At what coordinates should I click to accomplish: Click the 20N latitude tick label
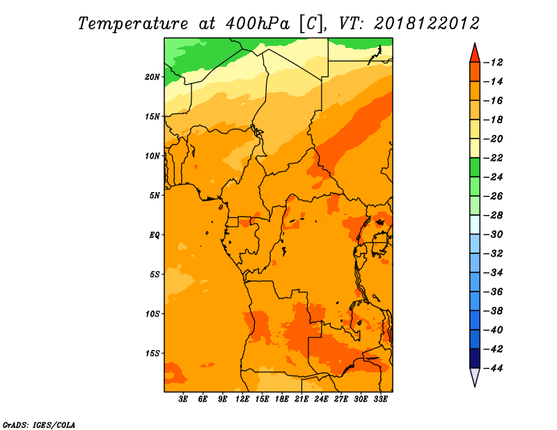click(152, 77)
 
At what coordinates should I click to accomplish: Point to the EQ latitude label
click(154, 235)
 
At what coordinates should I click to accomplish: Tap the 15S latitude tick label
click(152, 353)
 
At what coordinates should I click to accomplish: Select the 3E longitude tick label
click(183, 399)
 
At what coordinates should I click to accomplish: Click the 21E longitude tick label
click(301, 399)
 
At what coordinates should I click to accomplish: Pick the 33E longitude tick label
click(380, 399)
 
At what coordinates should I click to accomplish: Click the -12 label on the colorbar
click(494, 63)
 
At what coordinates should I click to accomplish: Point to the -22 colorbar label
click(494, 158)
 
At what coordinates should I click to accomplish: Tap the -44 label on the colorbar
click(494, 368)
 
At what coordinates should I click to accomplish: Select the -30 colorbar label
click(494, 234)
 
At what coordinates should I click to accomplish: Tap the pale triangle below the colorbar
click(475, 376)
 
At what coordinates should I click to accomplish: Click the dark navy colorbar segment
click(475, 358)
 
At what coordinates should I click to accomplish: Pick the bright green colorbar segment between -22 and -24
click(475, 168)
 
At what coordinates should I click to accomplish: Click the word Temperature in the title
click(133, 24)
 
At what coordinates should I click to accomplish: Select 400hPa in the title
click(257, 24)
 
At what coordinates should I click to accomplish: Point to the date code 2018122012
click(427, 24)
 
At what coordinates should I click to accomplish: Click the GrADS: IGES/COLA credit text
click(39, 424)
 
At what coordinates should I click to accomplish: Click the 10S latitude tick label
click(152, 314)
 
